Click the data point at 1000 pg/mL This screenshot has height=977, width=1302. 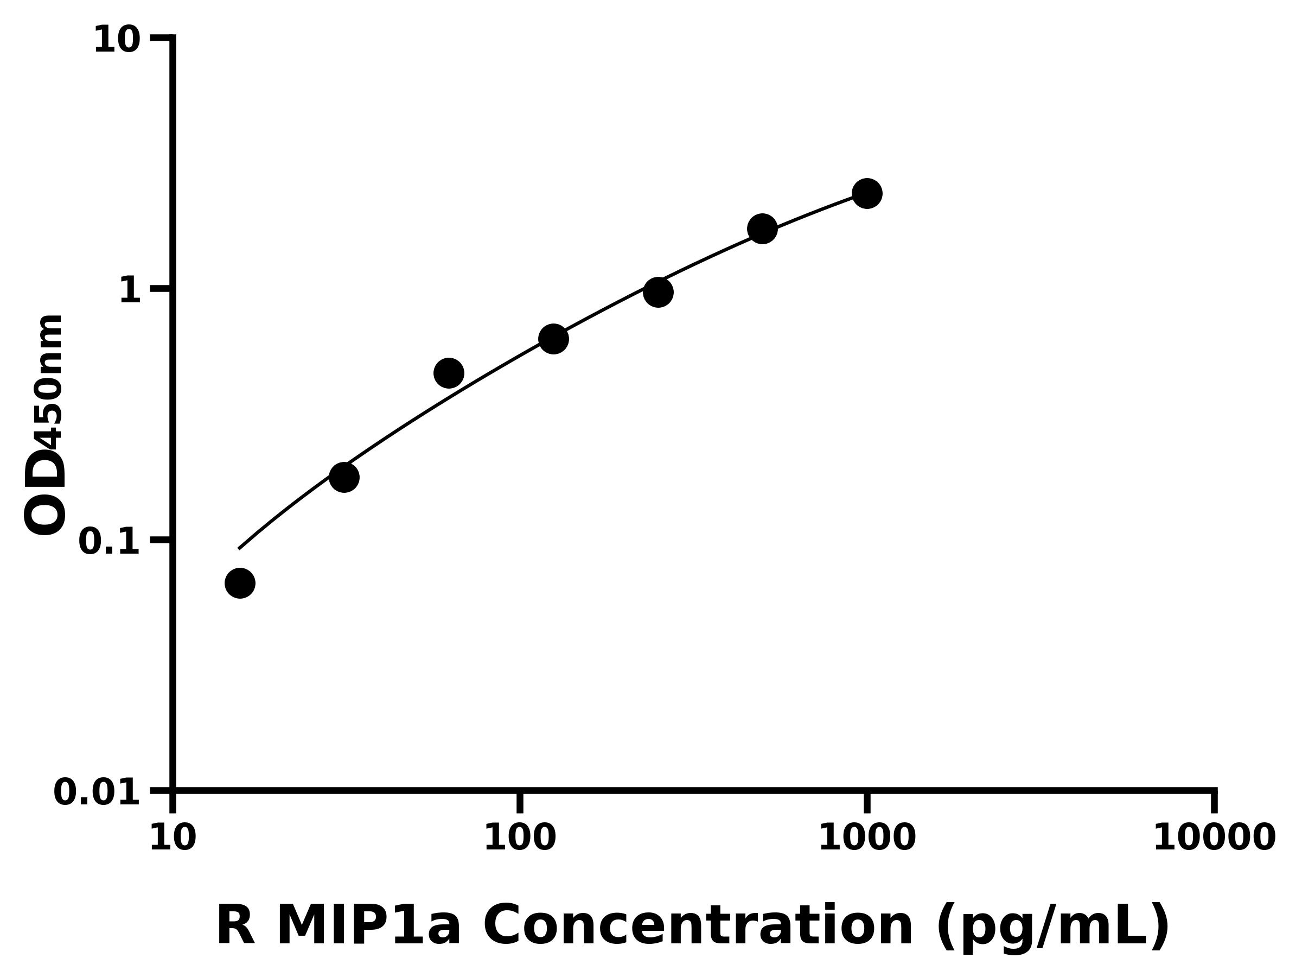866,193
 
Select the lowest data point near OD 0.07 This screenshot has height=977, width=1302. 240,583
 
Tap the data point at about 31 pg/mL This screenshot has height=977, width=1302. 344,477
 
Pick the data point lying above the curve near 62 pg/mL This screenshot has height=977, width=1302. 449,373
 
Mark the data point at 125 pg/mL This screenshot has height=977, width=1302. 553,339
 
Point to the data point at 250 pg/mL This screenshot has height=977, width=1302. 658,292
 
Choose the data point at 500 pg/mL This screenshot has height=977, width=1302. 762,229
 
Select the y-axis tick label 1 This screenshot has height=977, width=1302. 130,291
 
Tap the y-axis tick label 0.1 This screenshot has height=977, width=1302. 110,542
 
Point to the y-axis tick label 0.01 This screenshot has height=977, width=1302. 97,792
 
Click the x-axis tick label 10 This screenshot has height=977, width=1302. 173,838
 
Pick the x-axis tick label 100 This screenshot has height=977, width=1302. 519,838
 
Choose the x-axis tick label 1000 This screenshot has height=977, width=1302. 866,838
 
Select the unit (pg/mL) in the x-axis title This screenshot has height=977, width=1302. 1052,928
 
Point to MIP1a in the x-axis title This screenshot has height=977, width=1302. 368,927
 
